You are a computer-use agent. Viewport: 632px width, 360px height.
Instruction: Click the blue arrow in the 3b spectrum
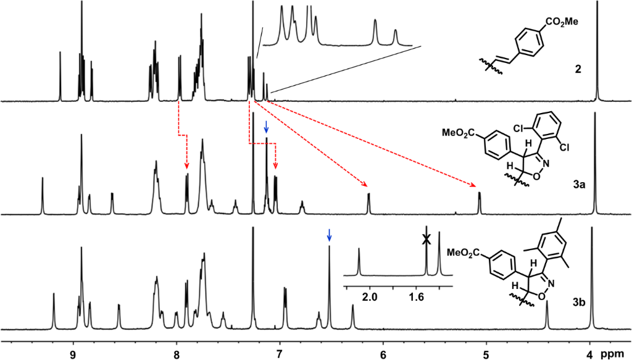(329, 235)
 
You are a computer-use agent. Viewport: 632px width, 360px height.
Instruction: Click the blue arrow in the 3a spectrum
(266, 127)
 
